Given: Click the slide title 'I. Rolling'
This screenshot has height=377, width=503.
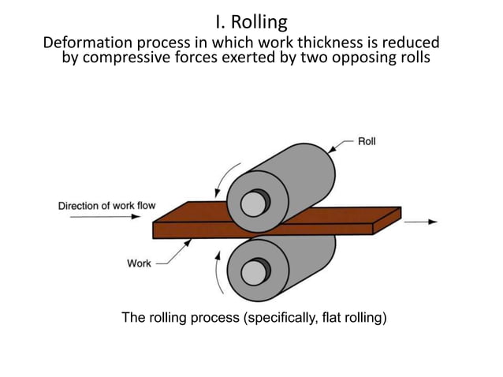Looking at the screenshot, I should [251, 21].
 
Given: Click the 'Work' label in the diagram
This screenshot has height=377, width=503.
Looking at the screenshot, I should [139, 263].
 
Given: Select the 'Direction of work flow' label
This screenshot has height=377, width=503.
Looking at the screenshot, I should [106, 206].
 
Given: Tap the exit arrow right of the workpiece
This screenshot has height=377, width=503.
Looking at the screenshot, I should [421, 222].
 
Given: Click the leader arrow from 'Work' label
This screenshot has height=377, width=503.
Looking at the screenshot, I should [175, 254].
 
